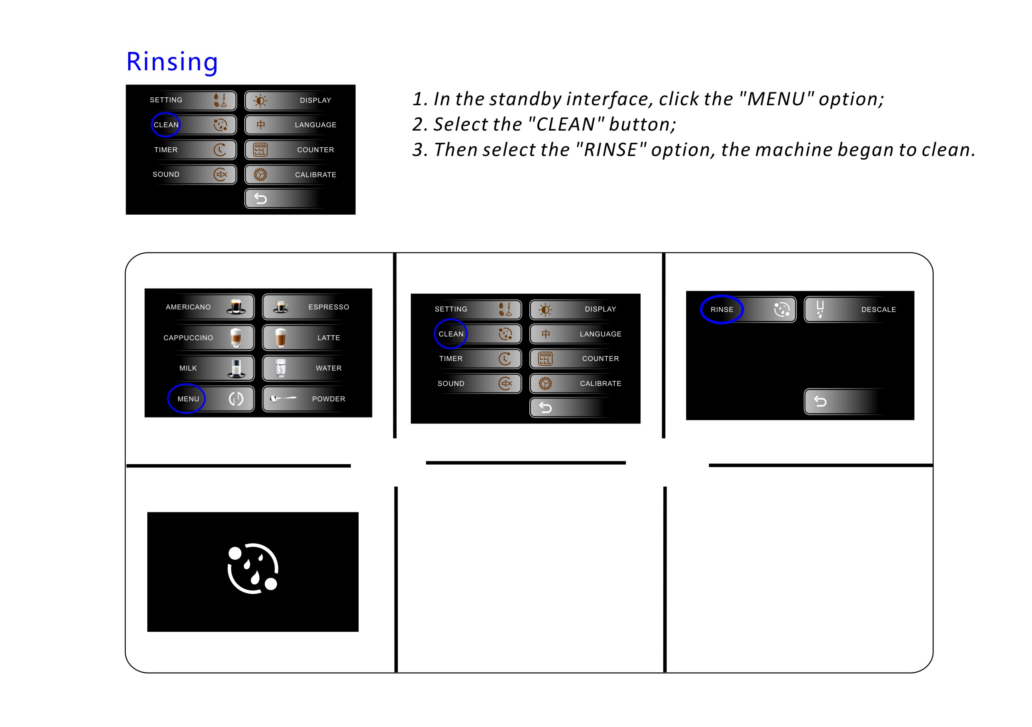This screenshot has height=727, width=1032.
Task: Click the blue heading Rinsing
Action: point(172,62)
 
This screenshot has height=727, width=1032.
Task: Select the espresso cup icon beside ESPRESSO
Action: point(281,307)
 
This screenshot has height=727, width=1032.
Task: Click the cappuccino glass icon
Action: point(236,337)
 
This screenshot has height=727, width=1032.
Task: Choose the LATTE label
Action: point(329,337)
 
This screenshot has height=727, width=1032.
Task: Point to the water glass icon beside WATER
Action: point(281,368)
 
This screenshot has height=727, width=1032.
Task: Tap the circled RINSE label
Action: point(722,309)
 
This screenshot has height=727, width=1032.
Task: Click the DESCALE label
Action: point(878,309)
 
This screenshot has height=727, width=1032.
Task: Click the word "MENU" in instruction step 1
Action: point(776,99)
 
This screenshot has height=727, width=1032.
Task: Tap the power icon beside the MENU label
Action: point(236,398)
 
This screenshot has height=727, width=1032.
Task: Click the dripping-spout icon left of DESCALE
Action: point(820,309)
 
